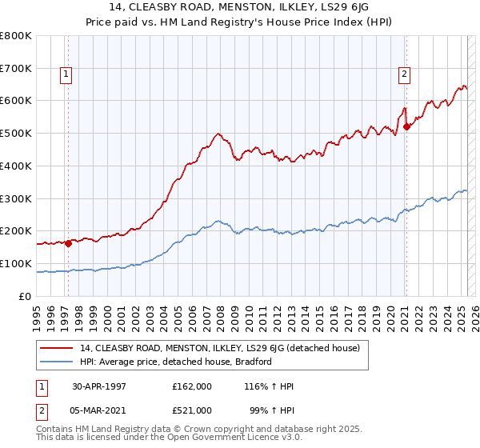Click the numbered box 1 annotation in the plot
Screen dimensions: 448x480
(65, 75)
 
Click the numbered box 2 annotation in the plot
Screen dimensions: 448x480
(405, 75)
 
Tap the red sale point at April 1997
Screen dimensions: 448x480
(69, 244)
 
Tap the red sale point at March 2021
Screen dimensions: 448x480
(406, 126)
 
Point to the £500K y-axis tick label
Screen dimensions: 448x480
(16, 134)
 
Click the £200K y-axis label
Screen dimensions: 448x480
(16, 231)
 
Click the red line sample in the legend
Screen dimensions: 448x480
(57, 348)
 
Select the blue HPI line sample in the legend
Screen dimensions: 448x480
(57, 362)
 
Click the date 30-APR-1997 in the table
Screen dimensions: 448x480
(99, 386)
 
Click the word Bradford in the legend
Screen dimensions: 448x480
(254, 362)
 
